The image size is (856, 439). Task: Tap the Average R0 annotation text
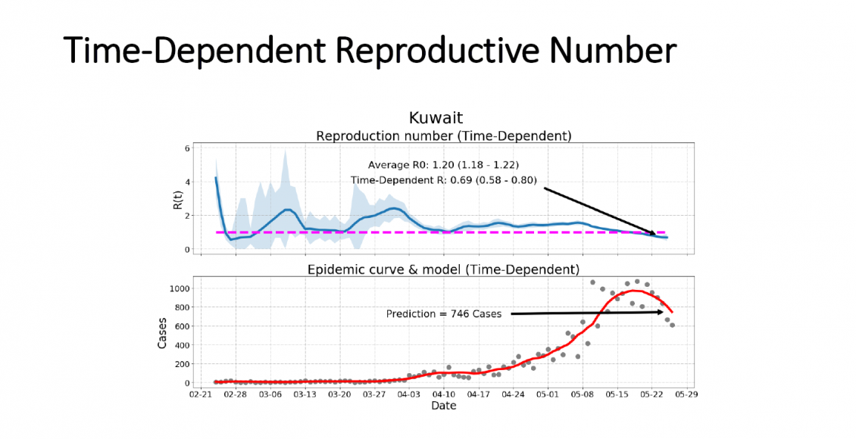[442, 164]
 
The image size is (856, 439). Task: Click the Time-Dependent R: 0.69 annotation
[442, 180]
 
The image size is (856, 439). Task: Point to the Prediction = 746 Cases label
[443, 314]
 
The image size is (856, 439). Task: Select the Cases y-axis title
[162, 332]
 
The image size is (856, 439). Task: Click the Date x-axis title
[443, 406]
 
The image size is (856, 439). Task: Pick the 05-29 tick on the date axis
[686, 394]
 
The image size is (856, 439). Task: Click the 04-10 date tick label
[444, 394]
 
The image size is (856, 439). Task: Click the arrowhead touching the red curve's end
[663, 312]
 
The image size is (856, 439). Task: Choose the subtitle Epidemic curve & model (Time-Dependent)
[443, 269]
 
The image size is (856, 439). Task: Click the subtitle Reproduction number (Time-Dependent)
[443, 135]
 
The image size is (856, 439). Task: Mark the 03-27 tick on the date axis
[374, 394]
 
